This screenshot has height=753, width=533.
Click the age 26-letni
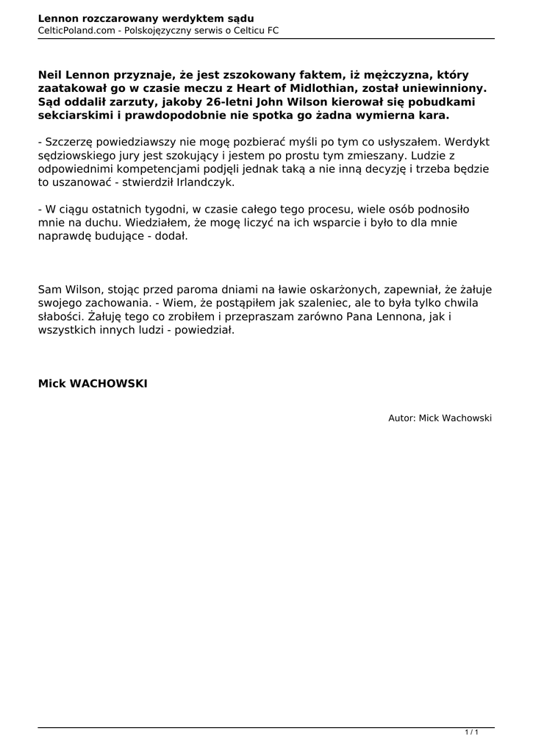click(x=211, y=103)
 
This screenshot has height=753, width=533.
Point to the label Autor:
click(x=401, y=418)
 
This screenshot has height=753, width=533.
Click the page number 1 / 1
click(x=471, y=732)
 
